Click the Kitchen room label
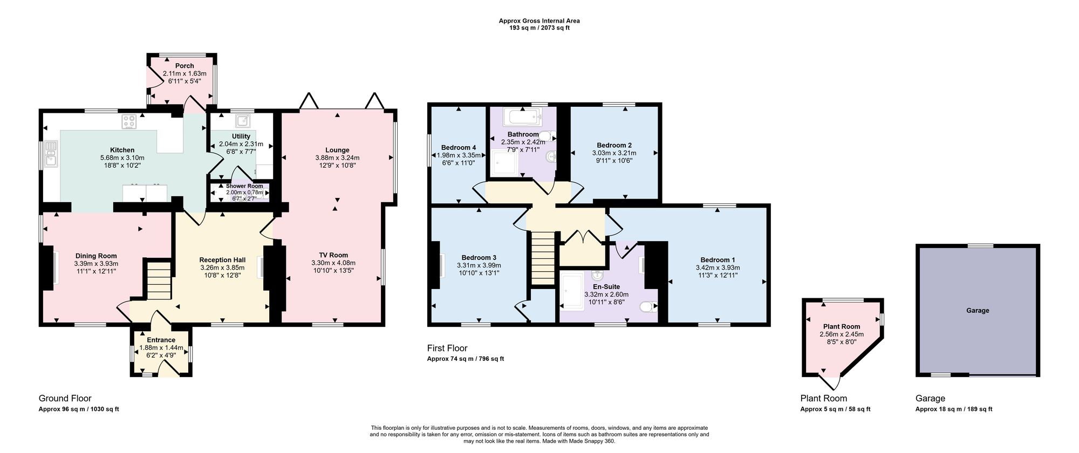click(x=122, y=150)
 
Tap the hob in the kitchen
click(x=129, y=121)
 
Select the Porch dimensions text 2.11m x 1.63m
click(x=185, y=73)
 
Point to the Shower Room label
click(x=244, y=186)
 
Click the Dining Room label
click(x=96, y=256)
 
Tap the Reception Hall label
click(x=222, y=260)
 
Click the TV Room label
click(x=333, y=255)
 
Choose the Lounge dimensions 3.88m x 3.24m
click(x=337, y=157)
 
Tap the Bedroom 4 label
click(x=459, y=148)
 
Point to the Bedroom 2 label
click(x=614, y=145)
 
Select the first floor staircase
click(x=543, y=258)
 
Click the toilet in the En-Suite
click(x=648, y=307)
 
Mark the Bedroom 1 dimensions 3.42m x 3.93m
click(x=718, y=267)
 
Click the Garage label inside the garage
click(x=978, y=311)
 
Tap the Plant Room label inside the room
click(x=842, y=326)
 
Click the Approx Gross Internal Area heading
click(x=539, y=21)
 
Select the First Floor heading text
click(x=447, y=348)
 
